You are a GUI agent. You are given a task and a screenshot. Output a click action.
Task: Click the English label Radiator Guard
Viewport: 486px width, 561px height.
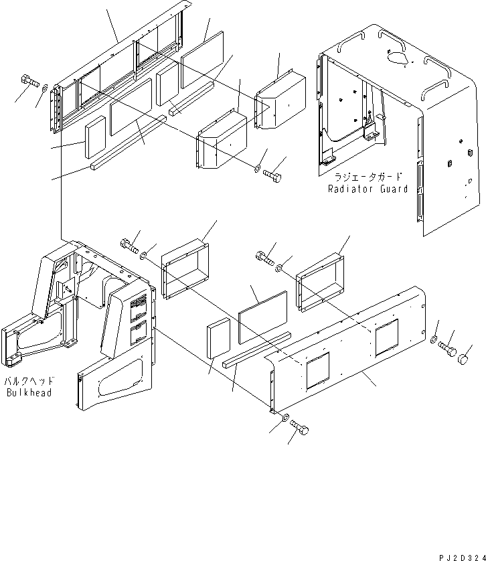click(x=368, y=189)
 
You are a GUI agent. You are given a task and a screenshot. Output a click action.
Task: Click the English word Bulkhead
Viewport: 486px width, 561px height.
click(x=29, y=392)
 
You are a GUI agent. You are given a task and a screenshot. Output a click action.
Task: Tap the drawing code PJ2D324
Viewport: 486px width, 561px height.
click(x=462, y=558)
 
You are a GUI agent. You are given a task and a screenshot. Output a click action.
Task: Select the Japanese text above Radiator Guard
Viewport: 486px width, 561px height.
click(x=368, y=177)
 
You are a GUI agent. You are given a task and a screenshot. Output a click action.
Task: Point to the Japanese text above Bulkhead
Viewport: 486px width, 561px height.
click(x=29, y=381)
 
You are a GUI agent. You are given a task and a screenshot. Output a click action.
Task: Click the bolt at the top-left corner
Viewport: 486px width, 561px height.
click(x=29, y=80)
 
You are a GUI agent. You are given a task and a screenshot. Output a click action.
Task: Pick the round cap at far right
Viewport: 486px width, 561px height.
click(x=463, y=359)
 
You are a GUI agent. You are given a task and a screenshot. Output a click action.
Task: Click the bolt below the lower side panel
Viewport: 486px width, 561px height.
click(x=301, y=426)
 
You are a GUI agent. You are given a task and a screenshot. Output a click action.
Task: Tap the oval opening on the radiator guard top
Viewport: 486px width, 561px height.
click(x=396, y=58)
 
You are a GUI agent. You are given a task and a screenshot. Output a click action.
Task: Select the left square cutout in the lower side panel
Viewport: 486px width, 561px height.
click(x=318, y=371)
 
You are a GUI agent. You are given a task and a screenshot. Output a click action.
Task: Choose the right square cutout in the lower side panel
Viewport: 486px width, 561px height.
click(x=386, y=338)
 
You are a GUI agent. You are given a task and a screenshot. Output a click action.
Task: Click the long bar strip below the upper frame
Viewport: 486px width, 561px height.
click(x=129, y=142)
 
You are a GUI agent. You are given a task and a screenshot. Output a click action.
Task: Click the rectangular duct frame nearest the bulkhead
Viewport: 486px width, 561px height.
click(x=185, y=268)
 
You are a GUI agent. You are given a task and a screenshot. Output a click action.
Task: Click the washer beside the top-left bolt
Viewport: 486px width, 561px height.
click(x=45, y=87)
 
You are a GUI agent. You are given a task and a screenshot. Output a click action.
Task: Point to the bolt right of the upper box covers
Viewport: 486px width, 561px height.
click(x=272, y=175)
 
